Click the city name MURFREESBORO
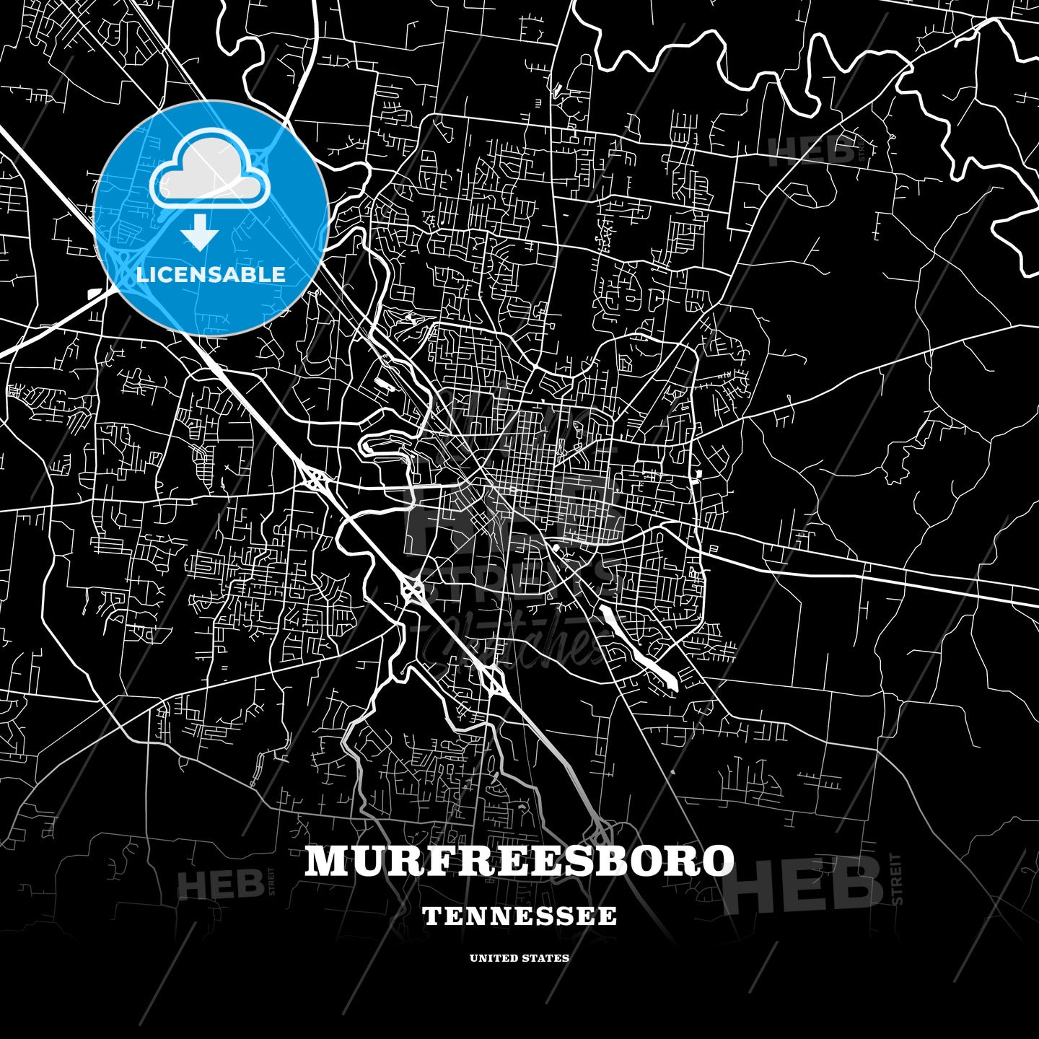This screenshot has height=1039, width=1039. click(519, 860)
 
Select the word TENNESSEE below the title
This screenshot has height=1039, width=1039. click(519, 916)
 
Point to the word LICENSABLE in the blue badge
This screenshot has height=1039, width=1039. click(211, 274)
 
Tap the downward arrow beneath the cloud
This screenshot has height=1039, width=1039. click(200, 234)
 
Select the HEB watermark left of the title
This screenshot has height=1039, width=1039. click(220, 884)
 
